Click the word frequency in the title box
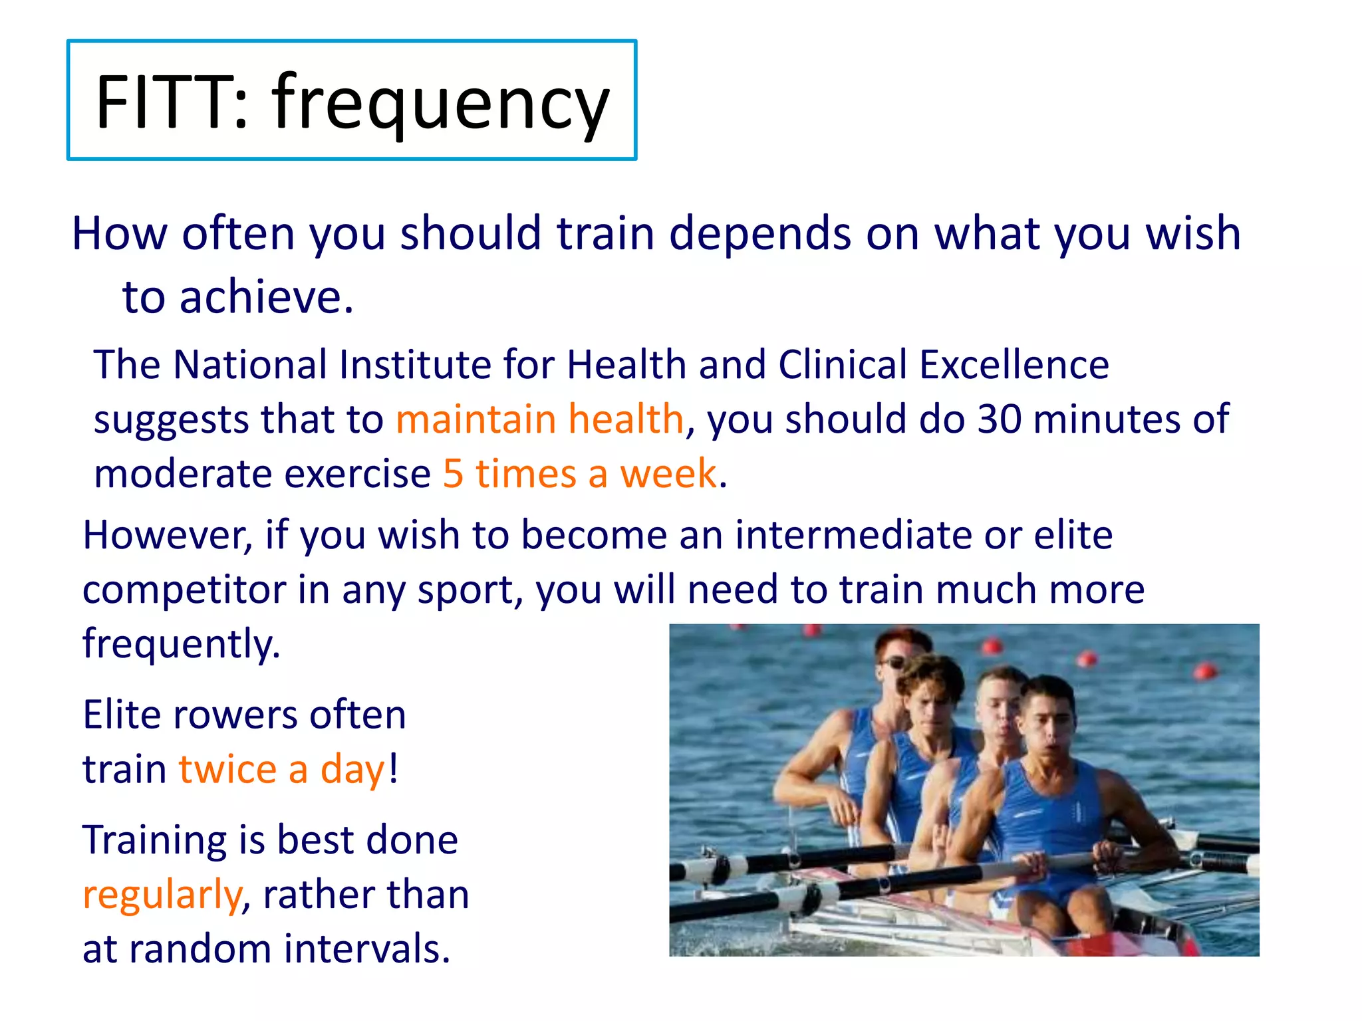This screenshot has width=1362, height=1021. [x=440, y=103]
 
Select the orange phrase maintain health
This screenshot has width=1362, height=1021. [x=539, y=419]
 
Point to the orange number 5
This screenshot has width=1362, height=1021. [x=453, y=474]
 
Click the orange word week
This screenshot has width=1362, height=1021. [x=668, y=474]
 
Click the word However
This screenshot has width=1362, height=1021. [x=167, y=535]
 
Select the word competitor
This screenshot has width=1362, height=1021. [x=184, y=590]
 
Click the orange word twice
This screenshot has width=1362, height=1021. [x=227, y=770]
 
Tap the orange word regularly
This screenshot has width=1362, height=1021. [x=162, y=895]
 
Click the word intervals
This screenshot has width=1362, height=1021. [x=366, y=949]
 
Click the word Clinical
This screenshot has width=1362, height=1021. [x=842, y=365]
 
